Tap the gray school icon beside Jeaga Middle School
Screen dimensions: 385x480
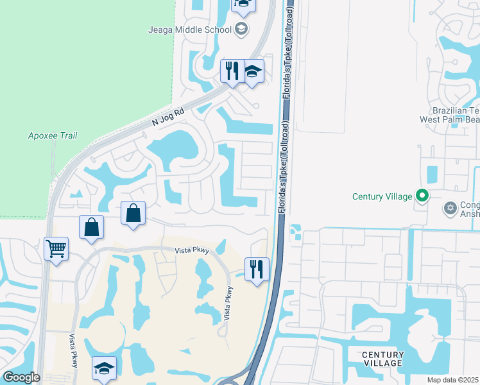[x=241, y=28]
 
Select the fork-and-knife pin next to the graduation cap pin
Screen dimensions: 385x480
[x=231, y=71]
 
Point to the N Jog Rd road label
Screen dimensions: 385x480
[x=168, y=116]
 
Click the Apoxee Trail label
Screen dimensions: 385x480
[x=53, y=135]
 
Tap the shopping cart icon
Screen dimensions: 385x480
[x=56, y=248]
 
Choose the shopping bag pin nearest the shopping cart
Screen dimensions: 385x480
[x=91, y=227]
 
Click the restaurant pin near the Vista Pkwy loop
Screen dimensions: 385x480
[x=257, y=269]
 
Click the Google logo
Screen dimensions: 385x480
[x=21, y=377]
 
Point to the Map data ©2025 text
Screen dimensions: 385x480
[x=452, y=380]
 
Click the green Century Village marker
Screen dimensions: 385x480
[x=422, y=196]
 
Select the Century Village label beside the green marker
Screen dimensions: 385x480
[x=382, y=196]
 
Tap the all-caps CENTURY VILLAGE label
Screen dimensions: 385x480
[x=382, y=359]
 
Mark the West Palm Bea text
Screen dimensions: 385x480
[x=449, y=119]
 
